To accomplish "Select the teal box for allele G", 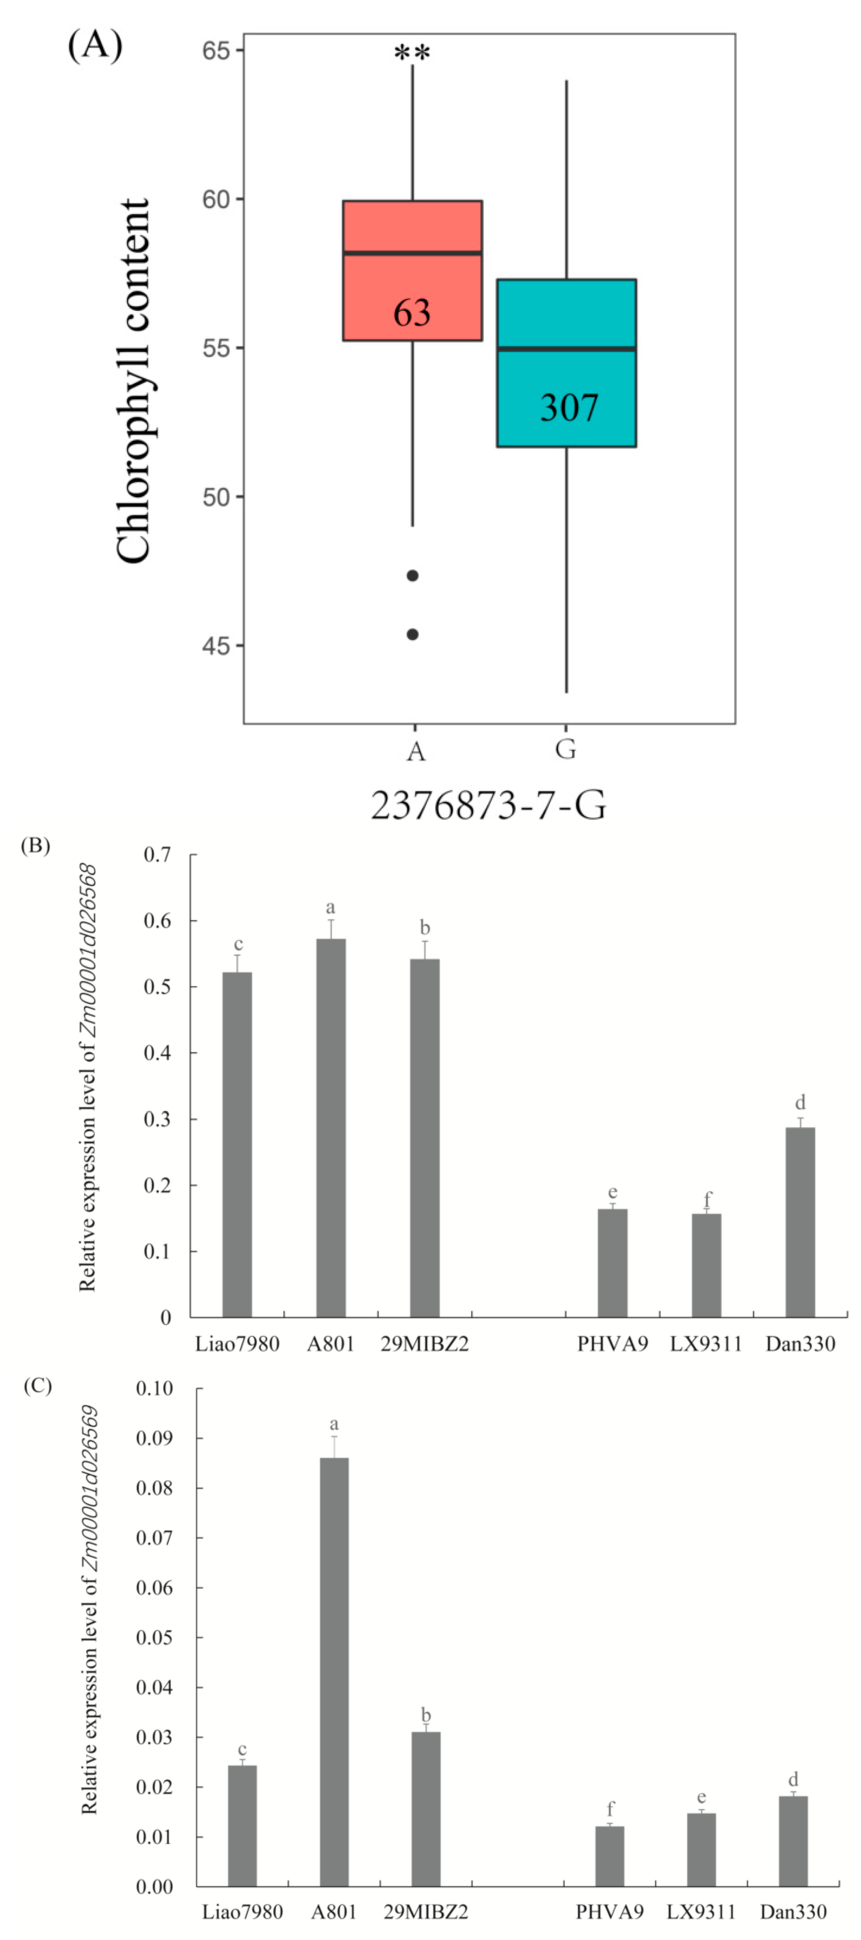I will click(x=566, y=316).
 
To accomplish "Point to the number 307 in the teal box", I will click(x=569, y=407).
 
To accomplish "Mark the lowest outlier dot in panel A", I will click(x=412, y=634).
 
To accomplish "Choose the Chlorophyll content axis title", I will click(x=134, y=380).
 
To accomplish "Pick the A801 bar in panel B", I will click(x=330, y=1130).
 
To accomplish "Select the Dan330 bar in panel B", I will click(x=800, y=1224).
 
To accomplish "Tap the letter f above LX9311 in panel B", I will click(x=707, y=1197).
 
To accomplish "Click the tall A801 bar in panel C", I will click(x=334, y=1672).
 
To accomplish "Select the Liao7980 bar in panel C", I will click(x=242, y=1826).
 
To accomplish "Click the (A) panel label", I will click(x=95, y=47).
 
